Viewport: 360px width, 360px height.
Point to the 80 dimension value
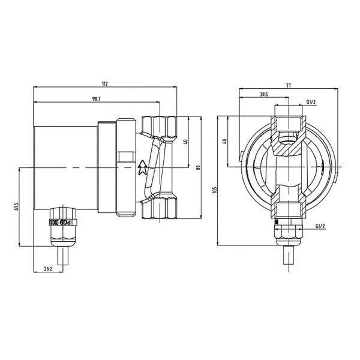coord(199,167)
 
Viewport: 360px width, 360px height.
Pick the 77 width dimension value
coord(289,86)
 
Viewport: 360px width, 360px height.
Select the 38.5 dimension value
coord(264,95)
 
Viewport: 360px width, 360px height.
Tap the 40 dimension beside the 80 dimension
coord(185,142)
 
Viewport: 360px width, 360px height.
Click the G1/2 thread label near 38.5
coord(311,103)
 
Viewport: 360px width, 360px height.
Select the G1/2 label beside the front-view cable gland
coord(320,226)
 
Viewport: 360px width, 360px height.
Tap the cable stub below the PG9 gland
coord(63,258)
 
